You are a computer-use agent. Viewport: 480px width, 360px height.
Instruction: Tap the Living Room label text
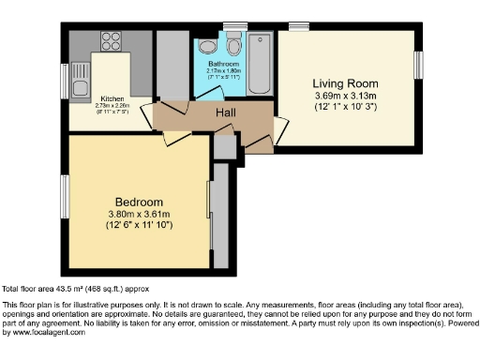click(345, 83)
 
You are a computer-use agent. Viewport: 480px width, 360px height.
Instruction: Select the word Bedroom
click(140, 202)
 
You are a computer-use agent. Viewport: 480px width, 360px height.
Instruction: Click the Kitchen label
click(112, 97)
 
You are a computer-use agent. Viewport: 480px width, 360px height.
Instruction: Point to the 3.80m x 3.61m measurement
click(140, 215)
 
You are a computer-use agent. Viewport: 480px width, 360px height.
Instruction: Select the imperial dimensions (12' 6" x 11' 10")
click(140, 227)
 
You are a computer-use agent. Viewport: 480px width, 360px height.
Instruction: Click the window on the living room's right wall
click(419, 64)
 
